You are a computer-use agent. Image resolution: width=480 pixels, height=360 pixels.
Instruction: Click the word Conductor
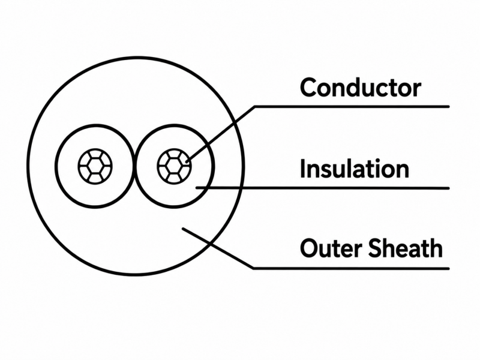pyautogui.click(x=361, y=88)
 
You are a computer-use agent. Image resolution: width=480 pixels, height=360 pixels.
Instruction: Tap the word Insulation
pyautogui.click(x=355, y=169)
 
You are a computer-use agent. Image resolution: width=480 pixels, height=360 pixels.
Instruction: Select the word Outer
pyautogui.click(x=332, y=248)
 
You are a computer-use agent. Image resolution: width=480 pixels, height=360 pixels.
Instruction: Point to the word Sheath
pyautogui.click(x=405, y=248)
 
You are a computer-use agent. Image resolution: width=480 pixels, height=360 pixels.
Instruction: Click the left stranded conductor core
pyautogui.click(x=95, y=167)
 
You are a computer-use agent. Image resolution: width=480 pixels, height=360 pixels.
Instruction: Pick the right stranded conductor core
pyautogui.click(x=174, y=167)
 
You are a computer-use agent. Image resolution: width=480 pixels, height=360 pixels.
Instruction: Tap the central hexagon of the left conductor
pyautogui.click(x=95, y=167)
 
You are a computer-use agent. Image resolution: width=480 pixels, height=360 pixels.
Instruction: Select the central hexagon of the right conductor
pyautogui.click(x=174, y=167)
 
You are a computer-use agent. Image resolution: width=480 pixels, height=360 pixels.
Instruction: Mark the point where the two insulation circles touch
pyautogui.click(x=134, y=167)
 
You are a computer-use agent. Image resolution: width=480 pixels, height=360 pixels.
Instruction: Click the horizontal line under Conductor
pyautogui.click(x=352, y=107)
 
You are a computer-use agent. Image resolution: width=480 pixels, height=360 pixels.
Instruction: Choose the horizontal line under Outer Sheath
pyautogui.click(x=352, y=268)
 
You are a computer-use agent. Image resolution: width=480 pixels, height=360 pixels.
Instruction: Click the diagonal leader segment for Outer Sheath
pyautogui.click(x=218, y=248)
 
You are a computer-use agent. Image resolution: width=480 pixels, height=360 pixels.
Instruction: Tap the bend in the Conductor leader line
pyautogui.click(x=254, y=107)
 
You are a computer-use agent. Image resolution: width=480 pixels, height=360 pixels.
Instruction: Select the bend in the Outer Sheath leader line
pyautogui.click(x=253, y=268)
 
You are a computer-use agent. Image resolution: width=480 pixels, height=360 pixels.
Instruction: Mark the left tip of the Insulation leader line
pyautogui.click(x=197, y=188)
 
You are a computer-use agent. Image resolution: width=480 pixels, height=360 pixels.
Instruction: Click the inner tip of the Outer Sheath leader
pyautogui.click(x=183, y=229)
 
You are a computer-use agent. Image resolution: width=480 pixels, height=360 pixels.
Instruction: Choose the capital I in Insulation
pyautogui.click(x=303, y=168)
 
